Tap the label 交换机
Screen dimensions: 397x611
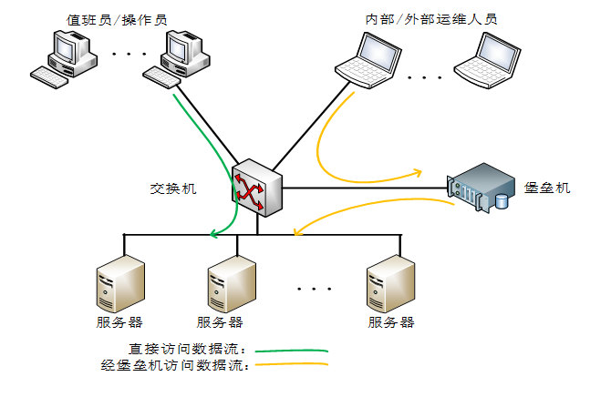172,188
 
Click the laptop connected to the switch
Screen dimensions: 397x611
365,58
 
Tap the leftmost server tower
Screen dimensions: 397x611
119,283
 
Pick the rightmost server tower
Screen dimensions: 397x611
390,283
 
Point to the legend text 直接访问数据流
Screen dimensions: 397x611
188,350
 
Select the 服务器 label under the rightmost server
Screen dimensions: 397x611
390,322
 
